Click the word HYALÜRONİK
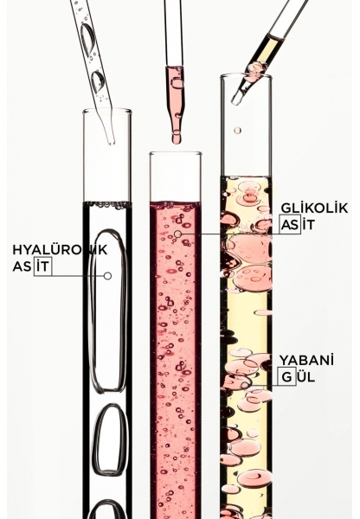[x=60, y=250]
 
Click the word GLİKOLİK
[x=314, y=208]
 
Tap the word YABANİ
[x=306, y=360]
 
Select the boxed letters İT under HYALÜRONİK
[x=42, y=266]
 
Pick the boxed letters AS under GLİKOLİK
[x=290, y=225]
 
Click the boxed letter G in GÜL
[x=287, y=376]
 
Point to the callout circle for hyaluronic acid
[x=107, y=276]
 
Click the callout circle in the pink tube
[x=178, y=234]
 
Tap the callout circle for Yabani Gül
[x=244, y=386]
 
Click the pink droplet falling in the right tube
[x=237, y=131]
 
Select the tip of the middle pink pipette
[x=177, y=142]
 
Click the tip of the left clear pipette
[x=112, y=143]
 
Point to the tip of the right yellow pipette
[x=236, y=101]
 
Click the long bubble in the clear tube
[x=108, y=311]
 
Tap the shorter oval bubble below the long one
[x=110, y=439]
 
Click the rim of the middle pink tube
[x=175, y=154]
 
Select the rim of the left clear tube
[x=107, y=111]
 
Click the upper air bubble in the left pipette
[x=87, y=38]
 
